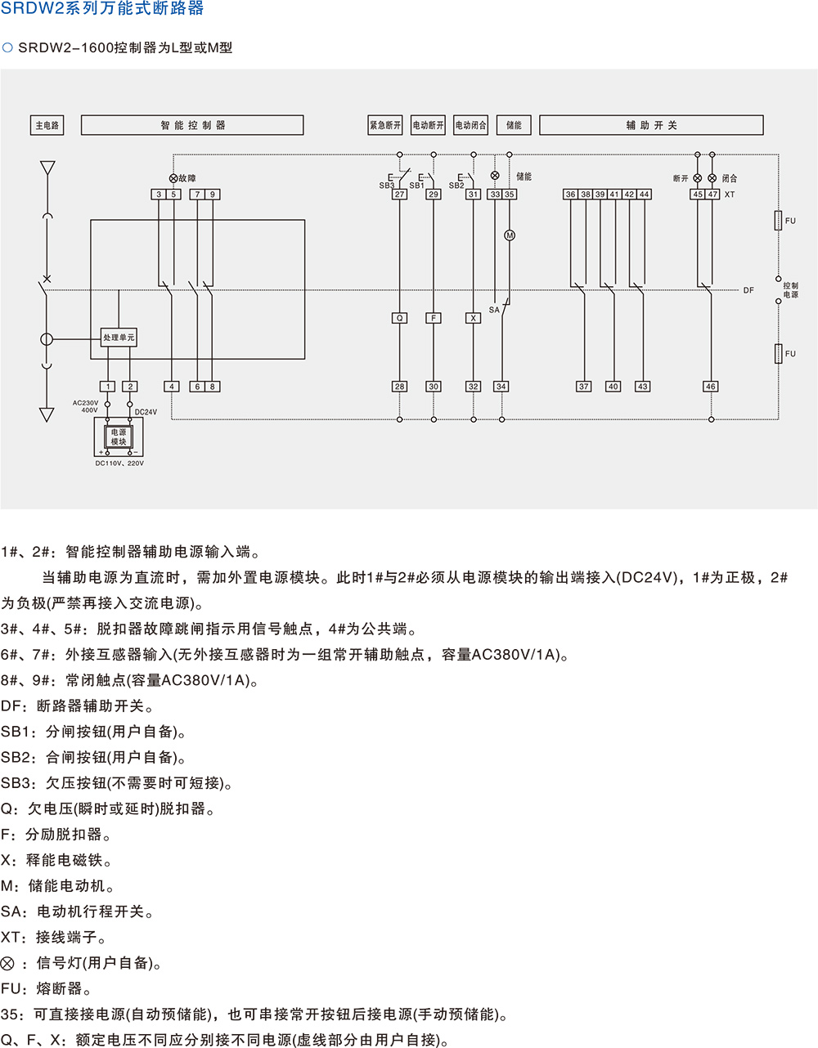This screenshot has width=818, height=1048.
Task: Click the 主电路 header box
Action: [47, 125]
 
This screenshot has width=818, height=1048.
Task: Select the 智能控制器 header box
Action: [192, 125]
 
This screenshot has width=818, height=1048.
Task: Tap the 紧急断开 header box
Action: [385, 125]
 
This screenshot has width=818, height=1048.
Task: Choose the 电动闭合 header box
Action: [470, 125]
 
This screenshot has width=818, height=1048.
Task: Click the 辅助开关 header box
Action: [651, 125]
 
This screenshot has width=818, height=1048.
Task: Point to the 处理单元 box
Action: [119, 338]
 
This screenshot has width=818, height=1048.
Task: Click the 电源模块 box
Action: [119, 437]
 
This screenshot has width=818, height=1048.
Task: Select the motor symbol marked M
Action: [510, 235]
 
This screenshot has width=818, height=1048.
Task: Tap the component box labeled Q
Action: [399, 318]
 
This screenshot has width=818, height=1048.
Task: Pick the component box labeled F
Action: [434, 318]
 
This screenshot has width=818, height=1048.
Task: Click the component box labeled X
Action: [473, 318]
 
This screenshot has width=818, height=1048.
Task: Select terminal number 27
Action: [399, 195]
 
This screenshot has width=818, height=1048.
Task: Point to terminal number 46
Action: [710, 387]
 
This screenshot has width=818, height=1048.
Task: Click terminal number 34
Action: [501, 387]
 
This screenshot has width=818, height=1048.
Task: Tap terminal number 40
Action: [613, 387]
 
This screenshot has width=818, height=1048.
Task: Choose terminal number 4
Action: [172, 387]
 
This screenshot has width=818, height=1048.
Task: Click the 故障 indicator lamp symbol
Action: [173, 178]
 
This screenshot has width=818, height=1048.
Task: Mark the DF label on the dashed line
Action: [748, 290]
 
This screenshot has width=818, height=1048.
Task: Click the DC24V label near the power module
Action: [146, 412]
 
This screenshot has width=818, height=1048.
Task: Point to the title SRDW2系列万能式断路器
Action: [102, 9]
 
